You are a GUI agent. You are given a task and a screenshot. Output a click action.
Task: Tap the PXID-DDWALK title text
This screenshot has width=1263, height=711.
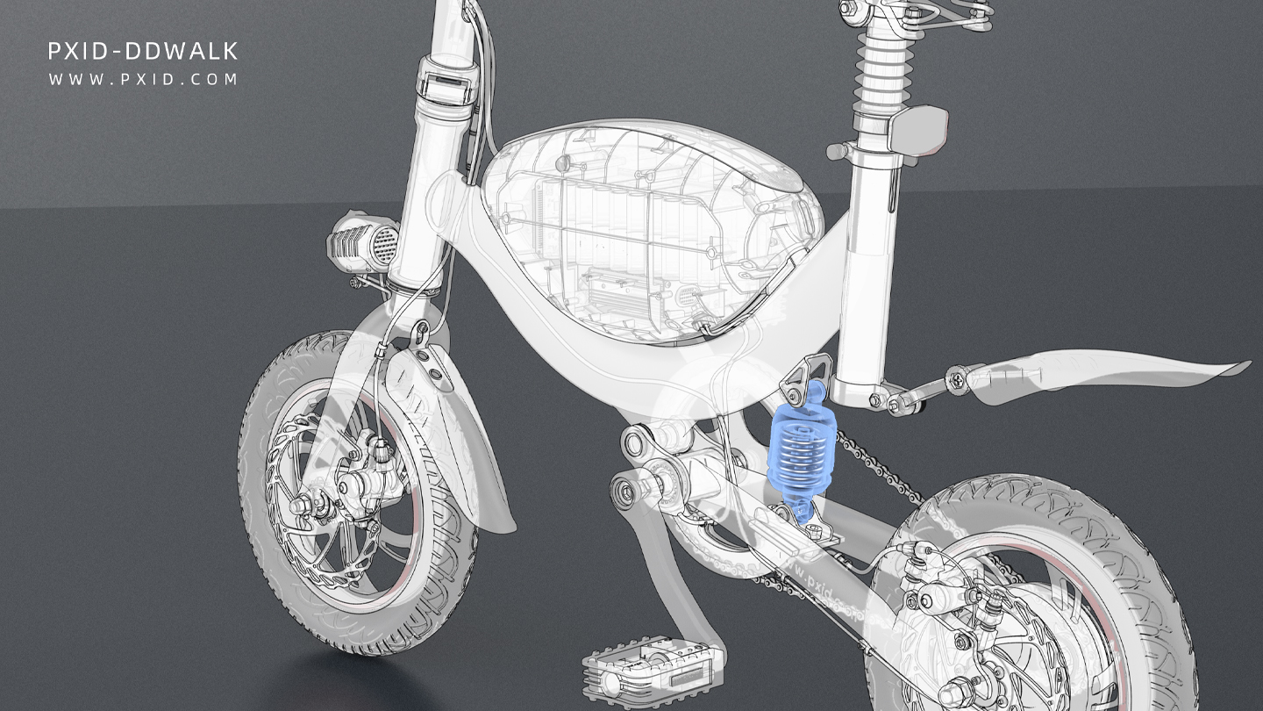pos(143,52)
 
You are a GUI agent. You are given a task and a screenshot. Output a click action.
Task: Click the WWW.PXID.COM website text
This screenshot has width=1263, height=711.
pos(143,79)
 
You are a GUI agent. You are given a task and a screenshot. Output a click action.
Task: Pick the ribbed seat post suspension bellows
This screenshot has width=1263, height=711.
pos(886,70)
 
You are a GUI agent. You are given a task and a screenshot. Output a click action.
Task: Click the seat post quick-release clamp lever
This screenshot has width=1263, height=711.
pos(917,127)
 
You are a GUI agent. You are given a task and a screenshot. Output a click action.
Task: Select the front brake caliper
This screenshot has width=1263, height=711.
pos(373,465)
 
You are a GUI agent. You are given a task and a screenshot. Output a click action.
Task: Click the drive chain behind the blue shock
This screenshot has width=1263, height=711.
pos(877,465)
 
